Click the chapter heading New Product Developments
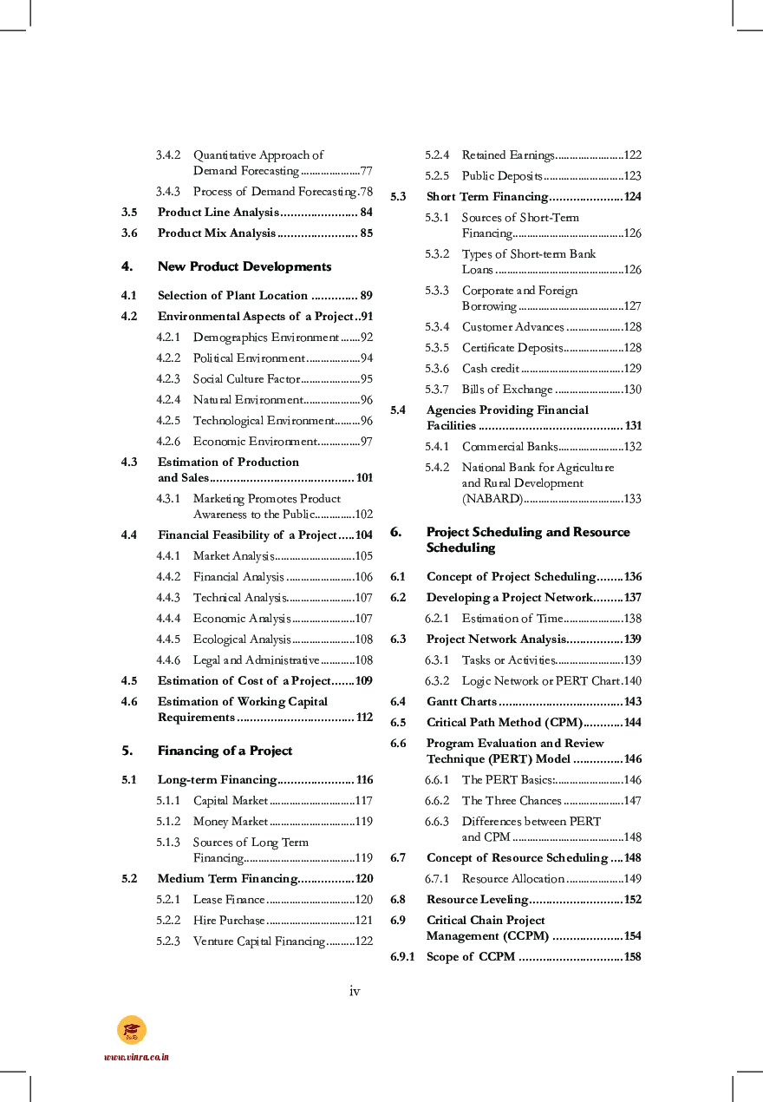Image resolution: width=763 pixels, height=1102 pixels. point(244,266)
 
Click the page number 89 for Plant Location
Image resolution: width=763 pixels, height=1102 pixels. point(366,296)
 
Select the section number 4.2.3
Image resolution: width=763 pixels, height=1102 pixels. point(168,379)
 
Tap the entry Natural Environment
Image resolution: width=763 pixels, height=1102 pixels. point(248,400)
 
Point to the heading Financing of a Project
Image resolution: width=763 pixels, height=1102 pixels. point(225,751)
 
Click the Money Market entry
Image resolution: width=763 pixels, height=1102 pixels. point(231,822)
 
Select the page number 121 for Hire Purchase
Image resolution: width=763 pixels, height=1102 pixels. point(364,921)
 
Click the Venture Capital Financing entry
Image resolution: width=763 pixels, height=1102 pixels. point(258,941)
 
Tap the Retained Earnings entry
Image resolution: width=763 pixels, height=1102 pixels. point(507,155)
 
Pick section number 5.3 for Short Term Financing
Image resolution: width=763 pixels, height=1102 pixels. point(398,197)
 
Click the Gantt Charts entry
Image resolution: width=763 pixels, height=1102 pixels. point(461,702)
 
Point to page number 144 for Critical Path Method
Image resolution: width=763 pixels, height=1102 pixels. point(632,723)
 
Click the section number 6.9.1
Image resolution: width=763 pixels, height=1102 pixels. point(402,957)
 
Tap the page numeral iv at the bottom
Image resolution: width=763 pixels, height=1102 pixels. point(355,991)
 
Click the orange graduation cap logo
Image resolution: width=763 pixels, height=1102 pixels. point(132,1030)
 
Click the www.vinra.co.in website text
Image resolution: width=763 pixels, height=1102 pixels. point(136,1057)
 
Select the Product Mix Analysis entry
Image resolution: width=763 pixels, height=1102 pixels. point(216,233)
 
